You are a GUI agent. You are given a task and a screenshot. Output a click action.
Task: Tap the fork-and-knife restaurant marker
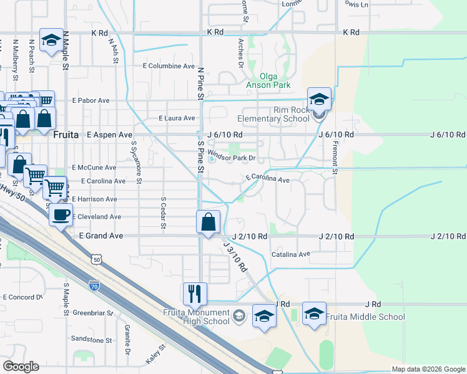click(x=194, y=292)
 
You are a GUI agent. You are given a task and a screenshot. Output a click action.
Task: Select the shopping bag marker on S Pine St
click(x=209, y=222)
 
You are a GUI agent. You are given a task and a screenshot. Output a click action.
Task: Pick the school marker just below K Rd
click(x=50, y=41)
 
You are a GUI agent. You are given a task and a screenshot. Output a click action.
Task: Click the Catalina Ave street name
click(x=290, y=254)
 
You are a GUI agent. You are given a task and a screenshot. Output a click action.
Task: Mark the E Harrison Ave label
click(x=94, y=199)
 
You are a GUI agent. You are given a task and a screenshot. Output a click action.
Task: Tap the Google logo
click(x=21, y=367)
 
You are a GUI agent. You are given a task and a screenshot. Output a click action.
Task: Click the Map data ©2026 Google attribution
click(x=428, y=369)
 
